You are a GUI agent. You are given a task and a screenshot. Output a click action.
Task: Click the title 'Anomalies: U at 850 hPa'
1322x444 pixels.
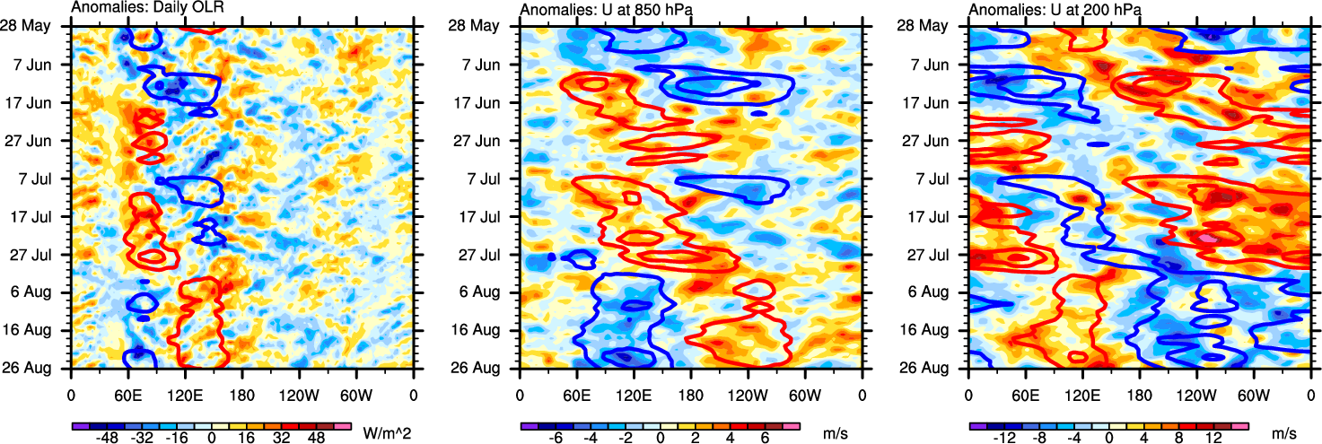click(597, 10)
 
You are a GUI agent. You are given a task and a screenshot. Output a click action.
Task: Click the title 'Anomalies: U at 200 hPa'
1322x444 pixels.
click(1046, 10)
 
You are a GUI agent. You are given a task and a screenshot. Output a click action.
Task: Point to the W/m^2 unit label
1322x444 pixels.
click(387, 432)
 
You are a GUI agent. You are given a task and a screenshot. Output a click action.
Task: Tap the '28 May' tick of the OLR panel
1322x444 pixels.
click(38, 26)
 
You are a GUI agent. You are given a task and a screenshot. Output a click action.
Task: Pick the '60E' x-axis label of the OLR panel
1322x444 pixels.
click(128, 395)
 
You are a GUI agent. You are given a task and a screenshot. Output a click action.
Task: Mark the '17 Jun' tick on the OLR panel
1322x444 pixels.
click(38, 102)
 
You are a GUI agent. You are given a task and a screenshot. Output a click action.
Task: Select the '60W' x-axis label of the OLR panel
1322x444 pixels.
click(356, 395)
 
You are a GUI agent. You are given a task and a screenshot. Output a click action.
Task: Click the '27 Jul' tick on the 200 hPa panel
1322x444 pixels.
click(935, 255)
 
